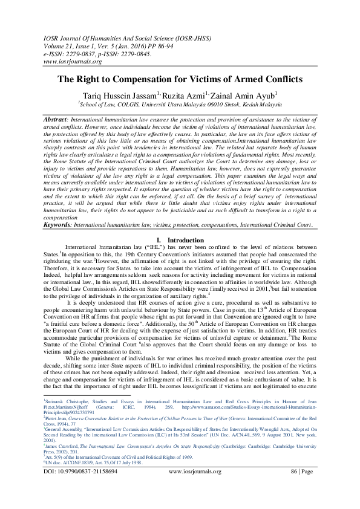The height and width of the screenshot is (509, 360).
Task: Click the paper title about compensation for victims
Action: pos(180,79)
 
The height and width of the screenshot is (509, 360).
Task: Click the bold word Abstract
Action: pos(54,120)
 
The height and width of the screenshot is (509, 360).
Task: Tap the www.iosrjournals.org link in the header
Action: pos(71,61)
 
